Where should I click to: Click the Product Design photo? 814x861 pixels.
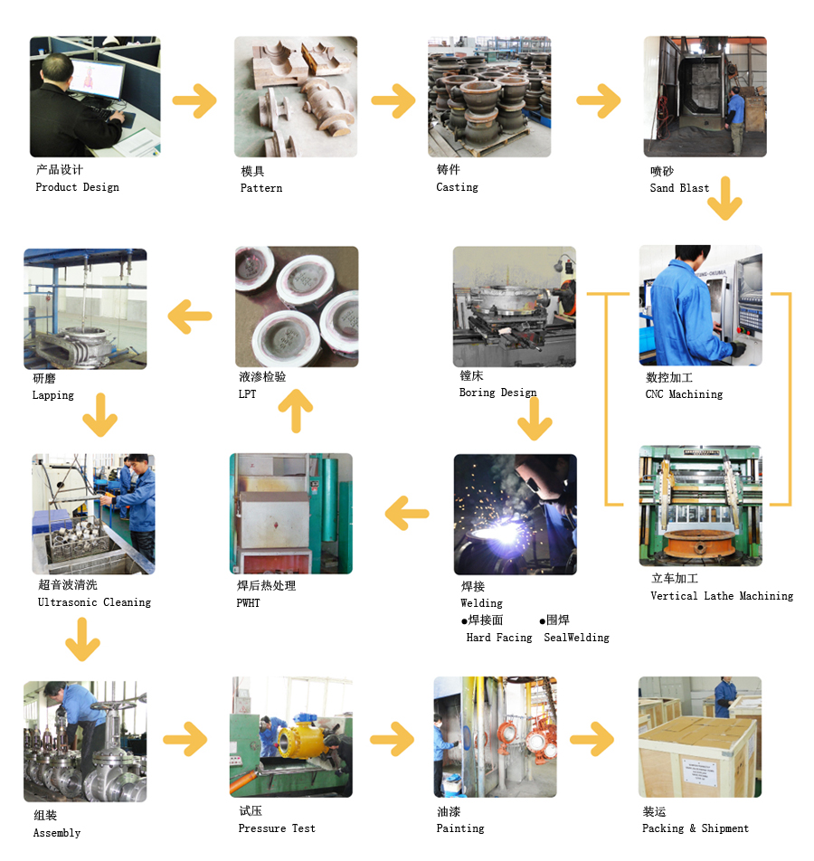[x=95, y=97]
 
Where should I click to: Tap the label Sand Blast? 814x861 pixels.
[x=679, y=188]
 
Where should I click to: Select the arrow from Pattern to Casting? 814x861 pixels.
[x=393, y=100]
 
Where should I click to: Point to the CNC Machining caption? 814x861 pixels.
[x=684, y=394]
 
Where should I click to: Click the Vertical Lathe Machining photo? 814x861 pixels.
[x=700, y=506]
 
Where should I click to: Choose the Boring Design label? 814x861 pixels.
[x=497, y=393]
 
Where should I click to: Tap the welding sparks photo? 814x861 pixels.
[x=515, y=514]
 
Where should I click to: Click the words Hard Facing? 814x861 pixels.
[x=499, y=638]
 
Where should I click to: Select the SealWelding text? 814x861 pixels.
[x=576, y=638]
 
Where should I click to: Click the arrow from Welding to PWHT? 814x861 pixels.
[x=407, y=515]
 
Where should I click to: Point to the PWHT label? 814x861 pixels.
[x=248, y=602]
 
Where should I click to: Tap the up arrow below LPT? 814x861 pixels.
[x=295, y=412]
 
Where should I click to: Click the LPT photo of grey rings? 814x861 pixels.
[x=297, y=307]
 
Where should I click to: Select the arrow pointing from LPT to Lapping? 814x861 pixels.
[x=190, y=317]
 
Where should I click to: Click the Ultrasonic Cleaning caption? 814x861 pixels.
[x=94, y=602]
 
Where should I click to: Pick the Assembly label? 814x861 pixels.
[x=57, y=833]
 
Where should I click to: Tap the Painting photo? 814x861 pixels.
[x=495, y=736]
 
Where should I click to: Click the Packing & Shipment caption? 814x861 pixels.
[x=696, y=828]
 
